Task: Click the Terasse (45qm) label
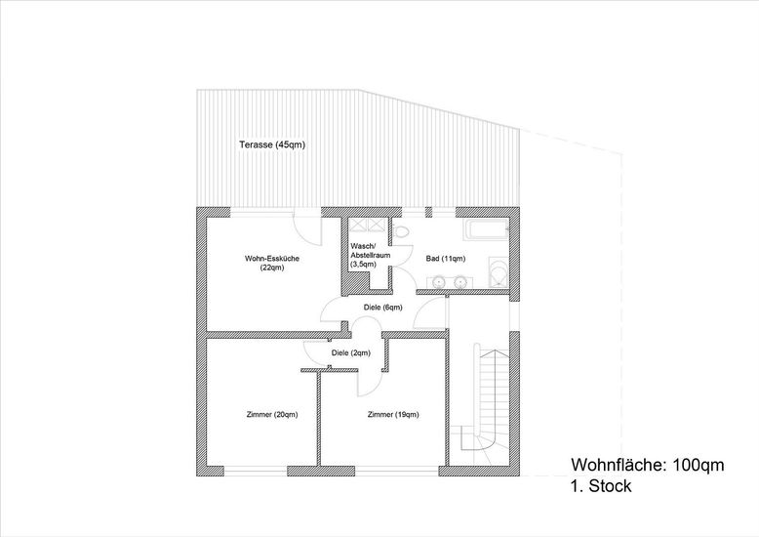[272, 145]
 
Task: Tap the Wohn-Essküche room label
[272, 263]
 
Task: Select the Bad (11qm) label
[445, 259]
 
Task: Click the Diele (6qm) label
[382, 308]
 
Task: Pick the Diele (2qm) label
[351, 352]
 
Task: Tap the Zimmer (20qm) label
[272, 414]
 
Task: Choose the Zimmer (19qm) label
[393, 414]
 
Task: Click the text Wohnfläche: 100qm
[648, 465]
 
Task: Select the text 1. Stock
[601, 485]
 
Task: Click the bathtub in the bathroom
[486, 229]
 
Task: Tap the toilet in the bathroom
[401, 231]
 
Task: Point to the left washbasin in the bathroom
[439, 281]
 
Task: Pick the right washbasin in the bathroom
[459, 281]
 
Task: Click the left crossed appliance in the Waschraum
[360, 224]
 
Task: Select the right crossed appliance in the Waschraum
[378, 224]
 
